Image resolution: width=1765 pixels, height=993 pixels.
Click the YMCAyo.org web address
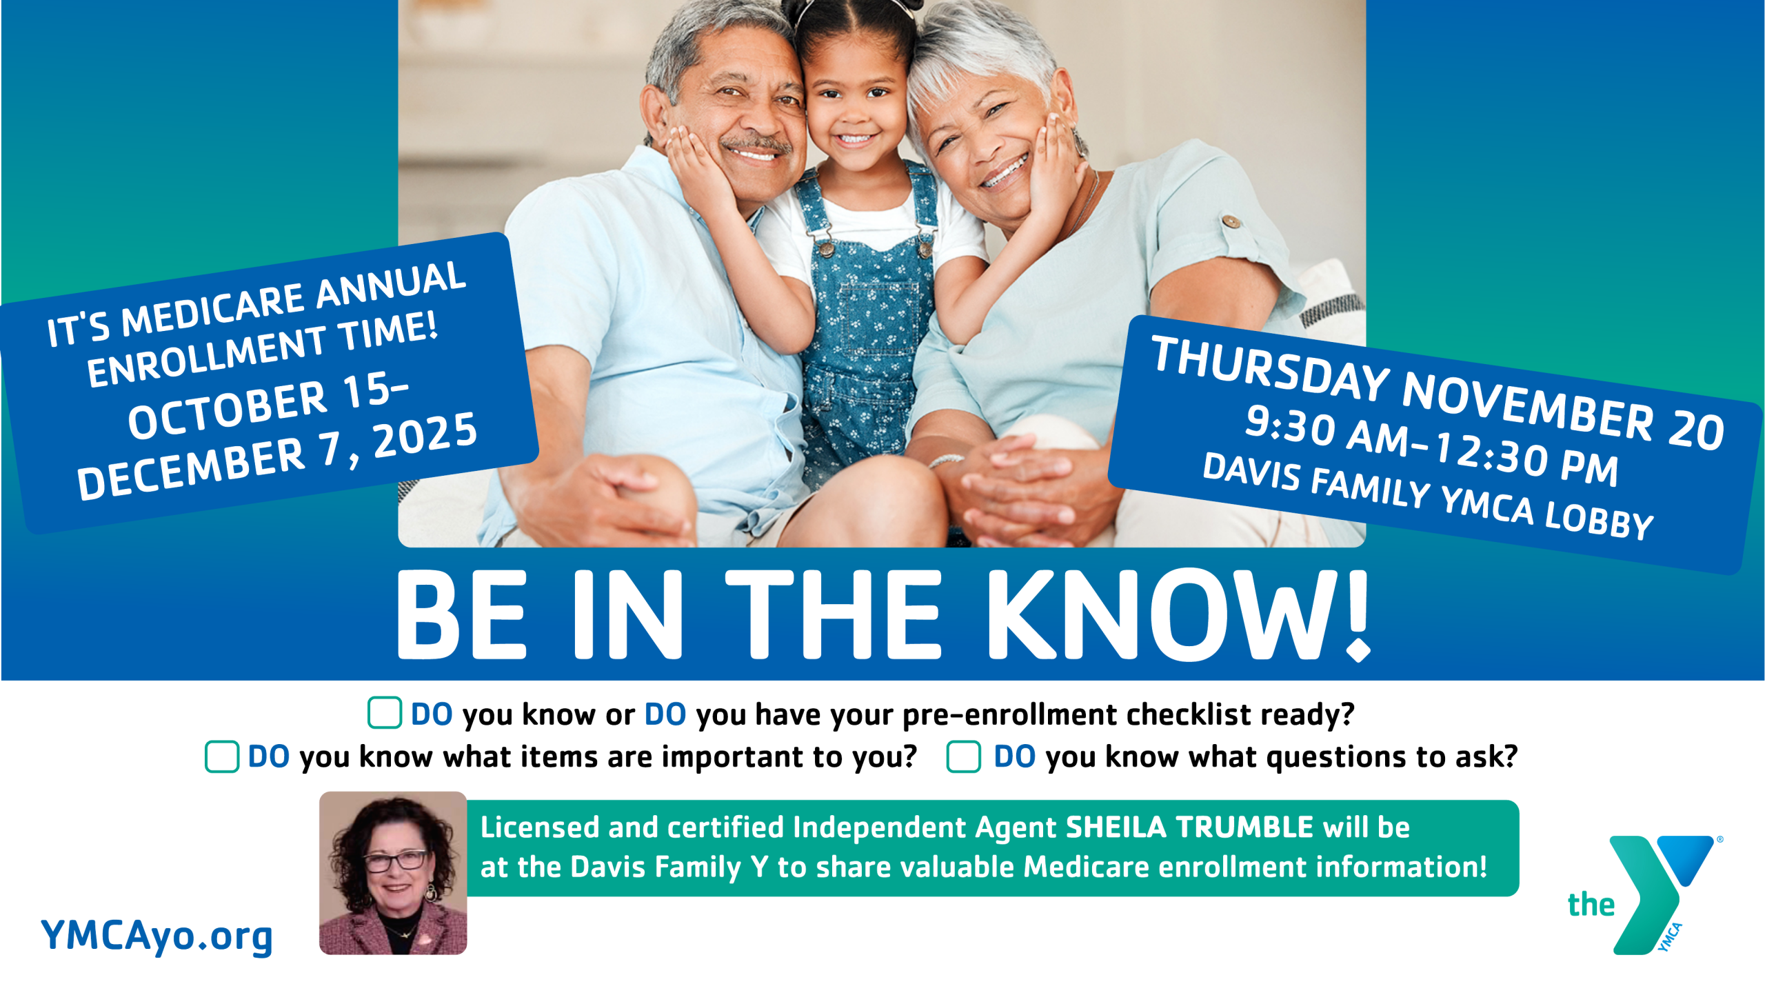(157, 936)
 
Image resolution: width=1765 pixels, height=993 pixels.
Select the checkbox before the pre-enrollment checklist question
(385, 712)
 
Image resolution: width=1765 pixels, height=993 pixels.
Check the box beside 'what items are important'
(222, 756)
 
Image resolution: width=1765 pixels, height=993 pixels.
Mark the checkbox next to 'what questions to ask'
(964, 756)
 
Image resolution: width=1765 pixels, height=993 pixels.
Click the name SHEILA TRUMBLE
(1189, 827)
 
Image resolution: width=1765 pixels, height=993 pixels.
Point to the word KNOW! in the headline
(1178, 614)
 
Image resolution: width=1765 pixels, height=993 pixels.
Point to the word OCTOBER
(227, 411)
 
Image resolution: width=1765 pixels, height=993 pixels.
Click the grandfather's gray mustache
(756, 143)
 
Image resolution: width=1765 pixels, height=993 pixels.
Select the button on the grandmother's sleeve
(1231, 221)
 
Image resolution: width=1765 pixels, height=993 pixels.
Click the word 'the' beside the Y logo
(1591, 904)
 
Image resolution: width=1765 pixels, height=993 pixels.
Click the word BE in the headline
(462, 614)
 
